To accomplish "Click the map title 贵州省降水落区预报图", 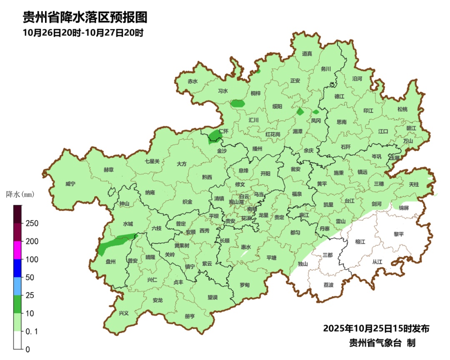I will tap(85, 17).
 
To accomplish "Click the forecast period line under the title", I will tap(83, 33).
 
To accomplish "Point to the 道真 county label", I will tap(307, 53).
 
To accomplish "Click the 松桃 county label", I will tap(402, 109).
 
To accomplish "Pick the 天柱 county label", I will tap(414, 184).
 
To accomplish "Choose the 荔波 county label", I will tap(328, 285).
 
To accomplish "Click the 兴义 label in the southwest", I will tap(124, 313).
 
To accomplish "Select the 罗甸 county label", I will tap(245, 285).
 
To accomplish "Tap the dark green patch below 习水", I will tap(238, 103).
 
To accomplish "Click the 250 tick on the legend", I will tap(32, 223).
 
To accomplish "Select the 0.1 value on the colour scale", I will tap(32, 331).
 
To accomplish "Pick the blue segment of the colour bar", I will tap(17, 267).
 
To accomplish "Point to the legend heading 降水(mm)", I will tap(20, 194).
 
